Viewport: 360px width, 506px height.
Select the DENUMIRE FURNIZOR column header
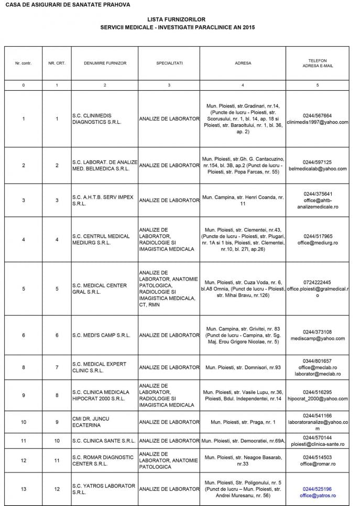click(x=105, y=63)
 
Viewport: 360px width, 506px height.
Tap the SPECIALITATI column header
click(x=169, y=63)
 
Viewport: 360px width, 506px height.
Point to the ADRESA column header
click(x=243, y=63)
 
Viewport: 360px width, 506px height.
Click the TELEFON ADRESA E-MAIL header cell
click(x=318, y=63)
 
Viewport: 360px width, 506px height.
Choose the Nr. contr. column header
click(x=23, y=63)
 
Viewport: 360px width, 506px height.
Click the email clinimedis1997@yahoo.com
click(x=318, y=122)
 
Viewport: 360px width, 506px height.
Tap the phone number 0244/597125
click(x=318, y=162)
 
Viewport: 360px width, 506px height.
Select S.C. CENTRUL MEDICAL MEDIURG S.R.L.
click(x=101, y=239)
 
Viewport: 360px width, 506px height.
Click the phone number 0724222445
click(x=318, y=282)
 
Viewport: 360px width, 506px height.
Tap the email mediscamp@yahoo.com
click(x=318, y=338)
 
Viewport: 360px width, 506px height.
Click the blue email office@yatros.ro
click(x=318, y=496)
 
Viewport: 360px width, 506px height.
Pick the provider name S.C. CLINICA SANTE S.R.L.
click(x=104, y=440)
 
